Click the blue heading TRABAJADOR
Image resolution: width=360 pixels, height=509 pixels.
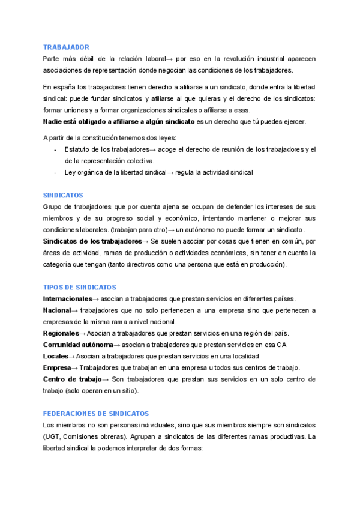67,47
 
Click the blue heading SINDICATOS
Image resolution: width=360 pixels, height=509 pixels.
63,195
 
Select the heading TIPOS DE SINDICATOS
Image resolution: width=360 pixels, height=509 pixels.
80,288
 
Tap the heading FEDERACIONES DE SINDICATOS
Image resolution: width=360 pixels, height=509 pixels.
96,414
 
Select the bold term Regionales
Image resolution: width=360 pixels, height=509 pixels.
61,333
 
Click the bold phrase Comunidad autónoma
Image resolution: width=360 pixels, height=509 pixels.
78,345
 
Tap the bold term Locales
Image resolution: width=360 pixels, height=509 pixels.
56,356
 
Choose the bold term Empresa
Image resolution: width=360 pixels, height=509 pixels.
57,367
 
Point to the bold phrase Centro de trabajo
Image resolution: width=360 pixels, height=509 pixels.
72,379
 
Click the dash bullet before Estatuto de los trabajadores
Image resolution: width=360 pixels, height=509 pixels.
55,149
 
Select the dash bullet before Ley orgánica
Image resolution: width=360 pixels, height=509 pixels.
55,172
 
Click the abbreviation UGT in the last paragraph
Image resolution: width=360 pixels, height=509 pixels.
52,436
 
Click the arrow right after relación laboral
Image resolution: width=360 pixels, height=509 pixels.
169,59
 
